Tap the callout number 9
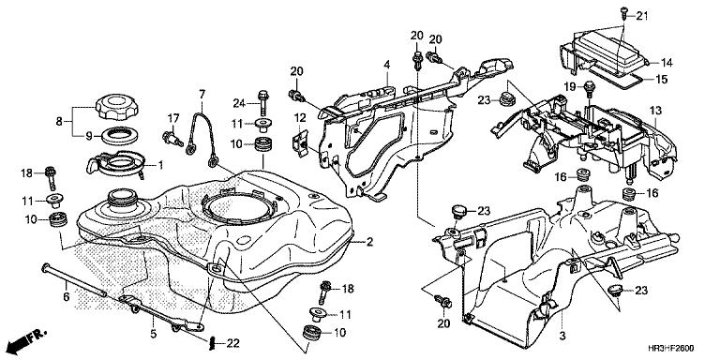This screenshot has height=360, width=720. (x=79, y=136)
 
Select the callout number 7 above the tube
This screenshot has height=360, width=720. (x=200, y=94)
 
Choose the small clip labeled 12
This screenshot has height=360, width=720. (x=299, y=142)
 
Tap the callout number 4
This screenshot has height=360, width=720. (x=384, y=65)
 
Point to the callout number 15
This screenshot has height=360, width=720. (x=661, y=80)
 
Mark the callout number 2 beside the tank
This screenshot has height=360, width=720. (x=370, y=242)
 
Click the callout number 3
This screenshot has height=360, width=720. (x=562, y=335)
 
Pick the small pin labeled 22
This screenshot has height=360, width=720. (x=214, y=340)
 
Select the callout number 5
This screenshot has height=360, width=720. (x=153, y=332)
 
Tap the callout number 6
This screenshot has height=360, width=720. (x=66, y=296)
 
